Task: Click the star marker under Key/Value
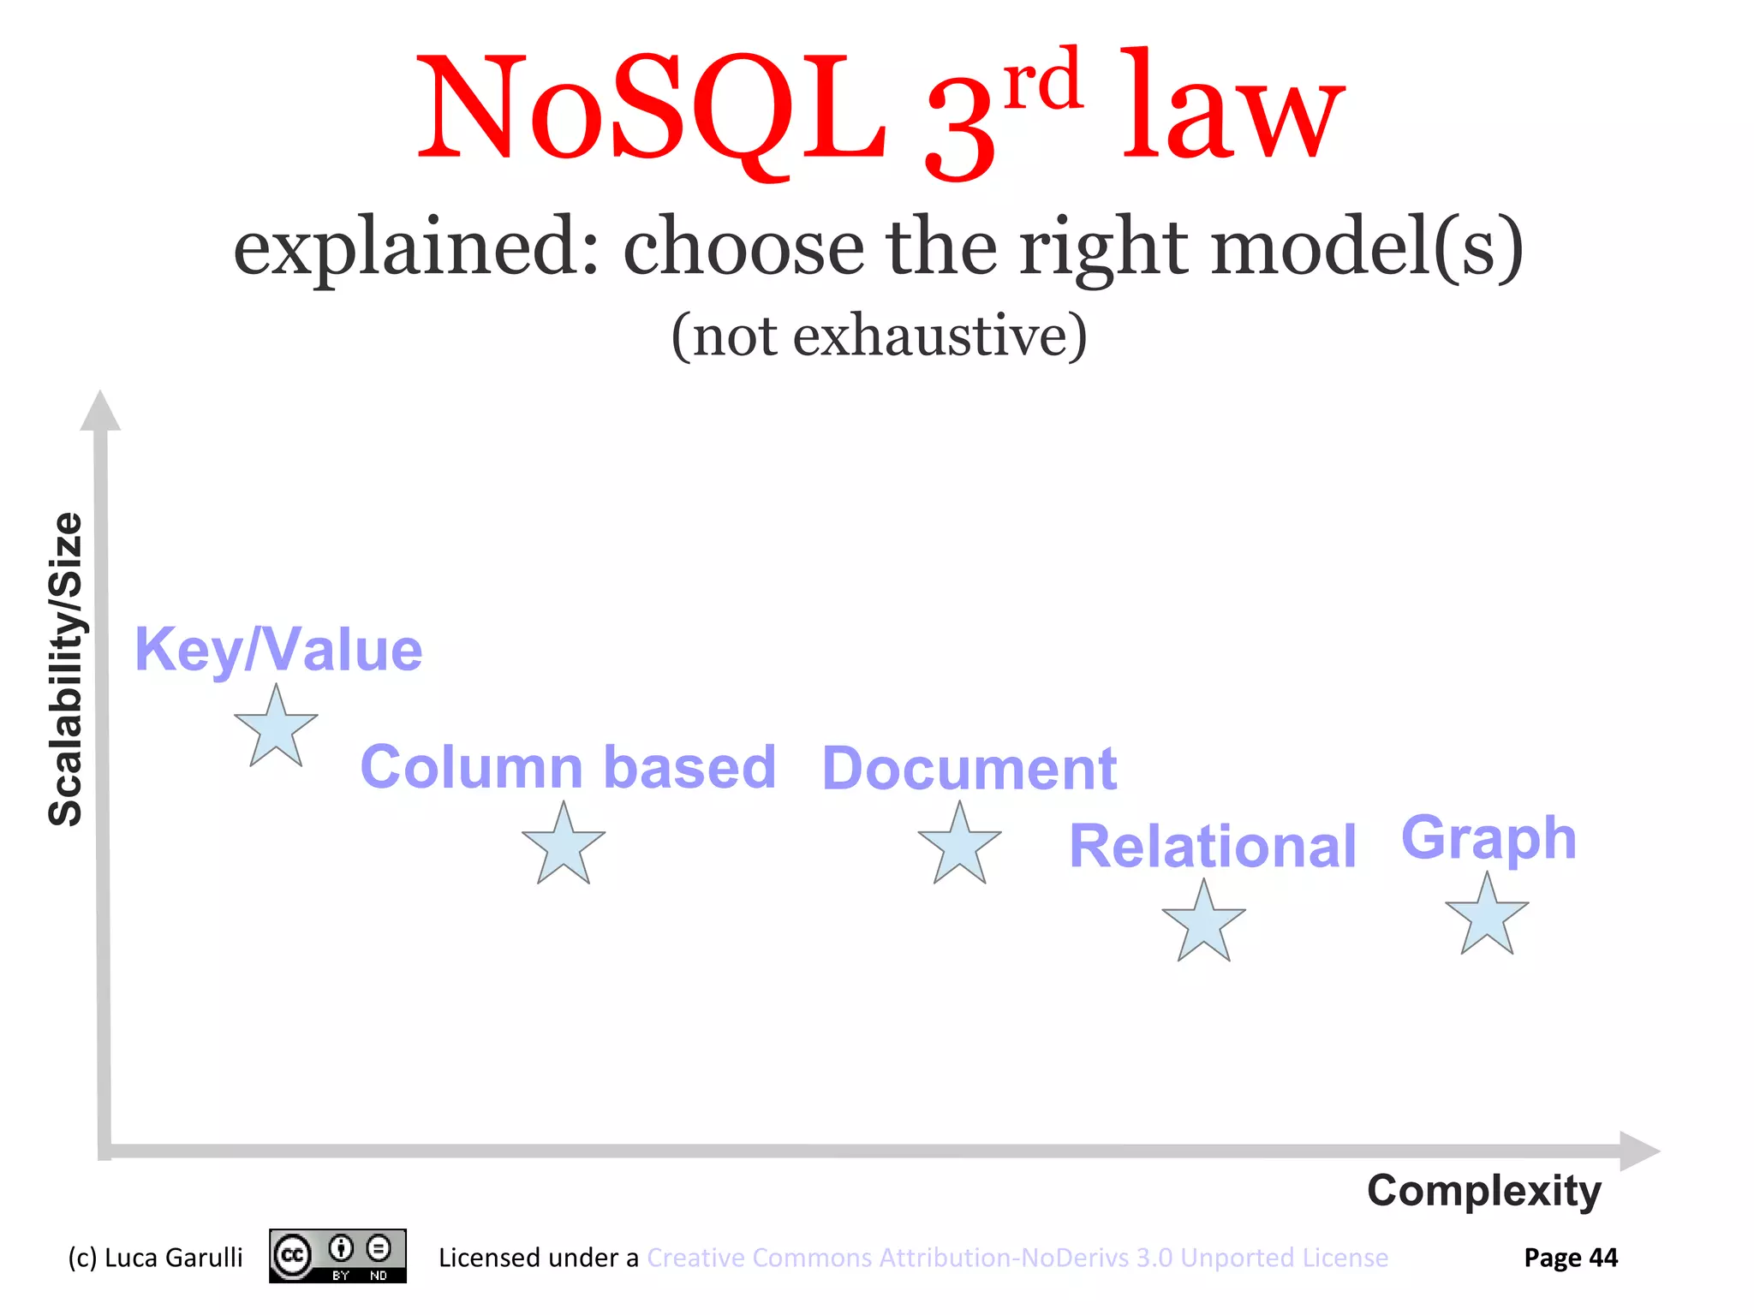click(276, 729)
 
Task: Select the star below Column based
click(564, 847)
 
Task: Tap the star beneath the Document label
click(959, 846)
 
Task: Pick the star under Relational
click(1203, 924)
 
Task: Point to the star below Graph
click(1487, 917)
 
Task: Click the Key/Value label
click(278, 650)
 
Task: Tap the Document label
click(969, 768)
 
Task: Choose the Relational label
click(1213, 846)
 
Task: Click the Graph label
click(1489, 838)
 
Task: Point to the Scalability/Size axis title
click(66, 669)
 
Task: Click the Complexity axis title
click(1483, 1191)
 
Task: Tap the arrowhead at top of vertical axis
click(100, 411)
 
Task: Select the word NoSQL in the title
click(651, 109)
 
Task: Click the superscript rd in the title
click(1042, 79)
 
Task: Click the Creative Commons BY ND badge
click(337, 1256)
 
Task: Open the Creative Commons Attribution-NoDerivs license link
click(1017, 1258)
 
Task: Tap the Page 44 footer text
click(1570, 1258)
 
